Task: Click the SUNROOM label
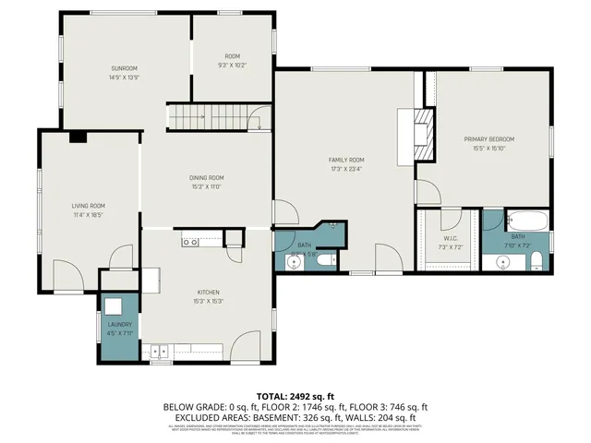124,68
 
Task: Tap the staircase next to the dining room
209,117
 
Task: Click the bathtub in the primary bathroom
528,222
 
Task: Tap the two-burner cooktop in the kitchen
190,242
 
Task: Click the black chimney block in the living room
78,138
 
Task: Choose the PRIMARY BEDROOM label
488,139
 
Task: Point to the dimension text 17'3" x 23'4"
346,168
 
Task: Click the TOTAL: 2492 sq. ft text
295,395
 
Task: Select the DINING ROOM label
207,178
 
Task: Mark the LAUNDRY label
119,325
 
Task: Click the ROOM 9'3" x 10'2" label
232,61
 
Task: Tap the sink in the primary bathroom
502,262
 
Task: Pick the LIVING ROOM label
89,206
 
